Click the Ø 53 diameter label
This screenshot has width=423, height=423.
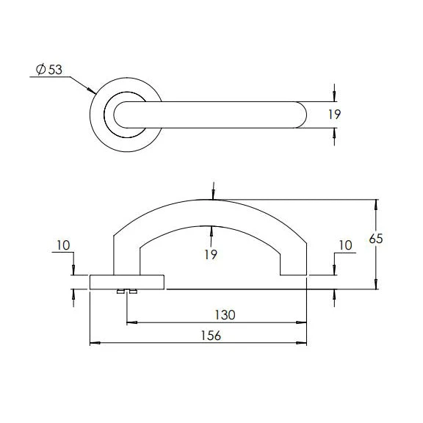click(49, 70)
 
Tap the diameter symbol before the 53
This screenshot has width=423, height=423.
click(41, 70)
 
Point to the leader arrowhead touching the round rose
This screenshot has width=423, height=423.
click(93, 92)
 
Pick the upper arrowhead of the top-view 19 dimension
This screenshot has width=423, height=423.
click(335, 95)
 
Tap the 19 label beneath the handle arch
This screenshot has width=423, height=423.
click(211, 254)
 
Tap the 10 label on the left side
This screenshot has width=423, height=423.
click(64, 245)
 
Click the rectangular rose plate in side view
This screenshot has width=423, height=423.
click(127, 282)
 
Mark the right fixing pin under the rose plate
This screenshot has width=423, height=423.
click(134, 292)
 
